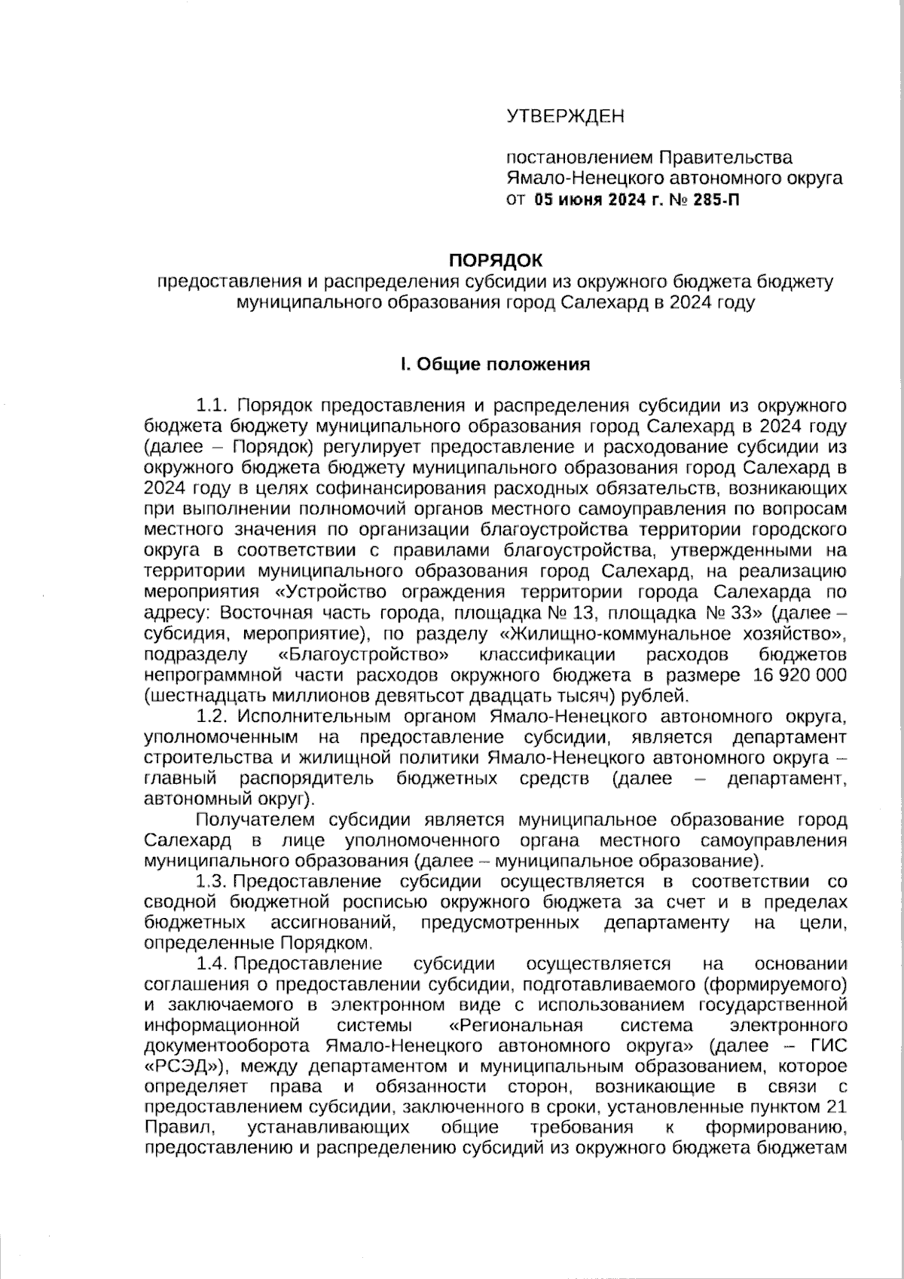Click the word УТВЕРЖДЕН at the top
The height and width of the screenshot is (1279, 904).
(565, 116)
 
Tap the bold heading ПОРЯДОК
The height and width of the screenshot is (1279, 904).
(495, 261)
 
